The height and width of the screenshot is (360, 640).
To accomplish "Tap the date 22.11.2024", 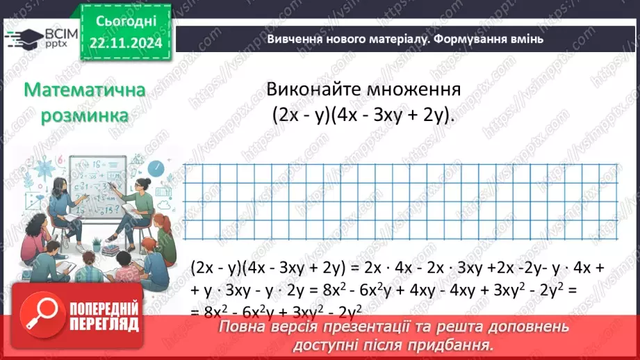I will tap(126, 42).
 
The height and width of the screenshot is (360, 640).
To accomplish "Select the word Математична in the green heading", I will tap(84, 90).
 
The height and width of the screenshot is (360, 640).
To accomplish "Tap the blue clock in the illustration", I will tap(156, 167).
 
